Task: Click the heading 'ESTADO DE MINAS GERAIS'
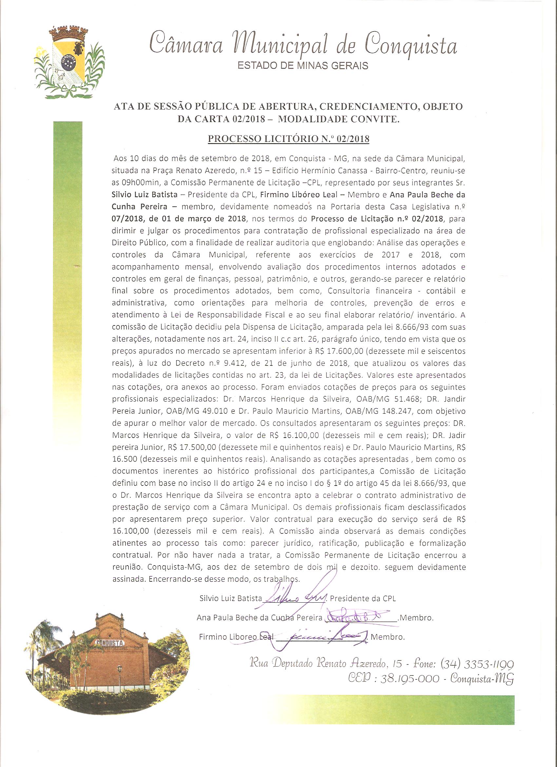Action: [303, 65]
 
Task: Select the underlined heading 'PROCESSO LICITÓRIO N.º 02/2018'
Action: [288, 139]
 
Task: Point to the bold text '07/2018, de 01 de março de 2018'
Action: [179, 218]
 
